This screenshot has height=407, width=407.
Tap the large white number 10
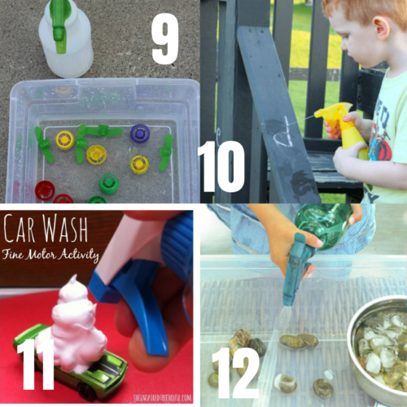[x=221, y=166]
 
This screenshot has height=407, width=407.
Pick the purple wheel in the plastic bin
[x=140, y=133]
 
